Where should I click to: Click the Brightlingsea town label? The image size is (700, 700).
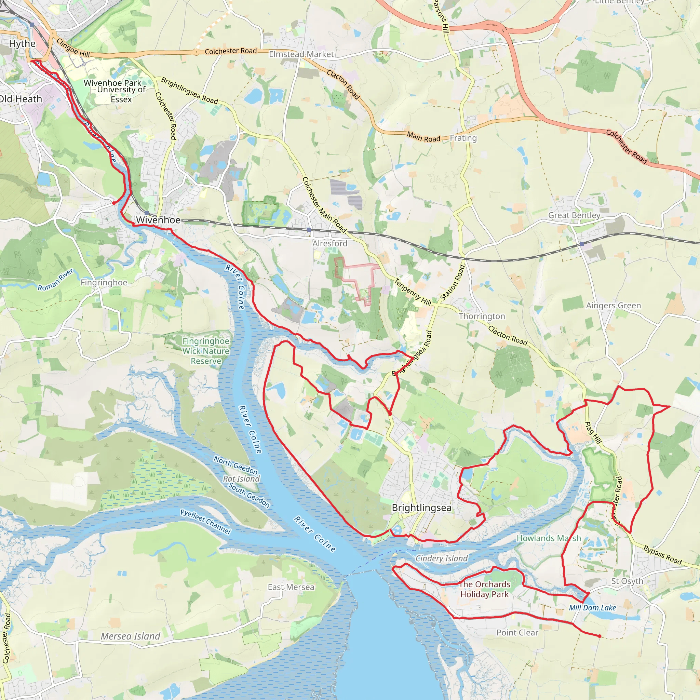click(x=422, y=508)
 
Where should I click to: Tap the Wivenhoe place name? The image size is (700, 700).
click(x=158, y=220)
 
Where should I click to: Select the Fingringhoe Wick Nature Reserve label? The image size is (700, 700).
click(x=206, y=351)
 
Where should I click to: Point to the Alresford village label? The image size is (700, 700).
click(x=330, y=243)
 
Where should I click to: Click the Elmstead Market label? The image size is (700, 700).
click(x=301, y=54)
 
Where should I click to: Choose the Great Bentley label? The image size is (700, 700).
click(x=574, y=215)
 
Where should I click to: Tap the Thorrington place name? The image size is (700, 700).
click(x=482, y=316)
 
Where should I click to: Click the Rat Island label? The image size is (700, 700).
click(x=241, y=479)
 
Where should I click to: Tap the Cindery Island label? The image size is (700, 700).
click(x=442, y=558)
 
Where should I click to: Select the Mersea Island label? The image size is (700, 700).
click(x=131, y=636)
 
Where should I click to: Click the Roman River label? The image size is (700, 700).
click(x=55, y=279)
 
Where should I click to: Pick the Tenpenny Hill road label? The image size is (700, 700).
click(x=413, y=292)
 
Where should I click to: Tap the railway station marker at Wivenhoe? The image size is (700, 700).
click(x=146, y=213)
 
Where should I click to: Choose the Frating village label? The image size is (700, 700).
click(x=463, y=138)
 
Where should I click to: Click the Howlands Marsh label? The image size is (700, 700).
click(x=549, y=538)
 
